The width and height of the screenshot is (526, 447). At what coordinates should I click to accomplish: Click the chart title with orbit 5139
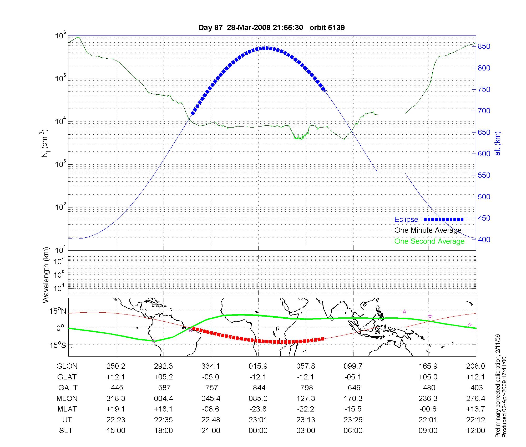tap(271, 28)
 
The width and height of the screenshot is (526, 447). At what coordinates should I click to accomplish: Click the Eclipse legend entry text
tap(406, 220)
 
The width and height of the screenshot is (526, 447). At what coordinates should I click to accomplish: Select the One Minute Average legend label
tap(428, 230)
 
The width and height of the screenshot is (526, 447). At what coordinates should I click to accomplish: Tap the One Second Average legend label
tap(429, 241)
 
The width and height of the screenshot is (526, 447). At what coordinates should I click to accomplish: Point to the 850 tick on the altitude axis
tap(484, 47)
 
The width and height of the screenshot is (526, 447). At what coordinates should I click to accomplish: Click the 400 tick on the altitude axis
tap(484, 240)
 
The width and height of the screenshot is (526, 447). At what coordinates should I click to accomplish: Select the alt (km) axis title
tap(498, 143)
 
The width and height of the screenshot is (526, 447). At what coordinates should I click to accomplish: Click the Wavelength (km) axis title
tap(46, 275)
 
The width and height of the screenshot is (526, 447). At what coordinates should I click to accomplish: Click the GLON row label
tap(67, 366)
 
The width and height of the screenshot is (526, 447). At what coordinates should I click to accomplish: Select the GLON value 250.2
tap(116, 366)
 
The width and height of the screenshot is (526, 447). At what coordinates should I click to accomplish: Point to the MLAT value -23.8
tap(258, 409)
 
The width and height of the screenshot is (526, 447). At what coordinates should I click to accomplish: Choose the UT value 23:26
tap(353, 420)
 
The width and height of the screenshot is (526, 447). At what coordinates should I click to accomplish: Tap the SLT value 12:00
tap(476, 431)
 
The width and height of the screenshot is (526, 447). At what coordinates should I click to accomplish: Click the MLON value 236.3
tap(428, 399)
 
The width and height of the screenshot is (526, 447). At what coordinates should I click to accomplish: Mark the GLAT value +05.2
tap(163, 377)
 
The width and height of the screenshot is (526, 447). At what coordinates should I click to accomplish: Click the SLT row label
tap(66, 431)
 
